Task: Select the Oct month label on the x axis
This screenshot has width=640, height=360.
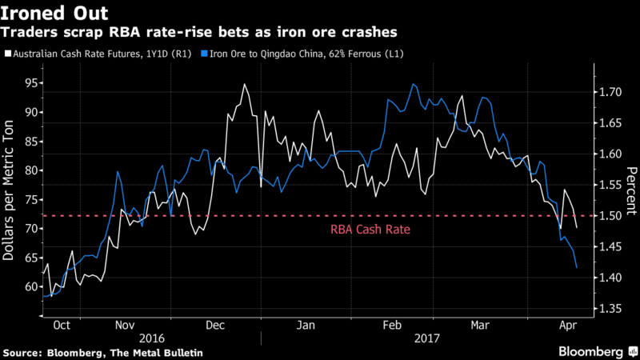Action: click(x=61, y=326)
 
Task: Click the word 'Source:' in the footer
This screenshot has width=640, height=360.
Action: click(x=24, y=352)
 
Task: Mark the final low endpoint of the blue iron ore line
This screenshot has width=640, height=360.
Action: click(x=577, y=267)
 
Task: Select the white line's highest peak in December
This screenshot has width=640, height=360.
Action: click(x=244, y=84)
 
